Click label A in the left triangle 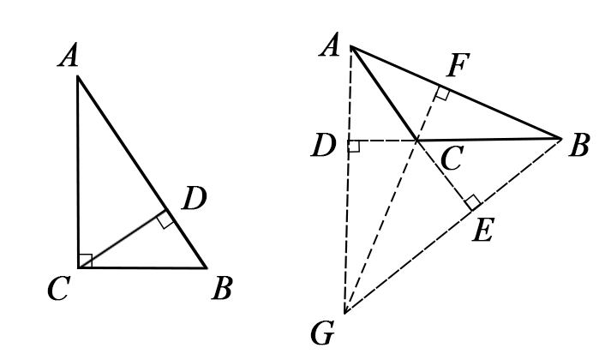(69, 57)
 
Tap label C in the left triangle (57, 290)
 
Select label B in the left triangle (221, 290)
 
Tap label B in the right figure (579, 146)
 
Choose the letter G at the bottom (323, 333)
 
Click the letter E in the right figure (483, 230)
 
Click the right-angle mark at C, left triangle (85, 261)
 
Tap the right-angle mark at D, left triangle (165, 220)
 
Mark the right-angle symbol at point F (440, 93)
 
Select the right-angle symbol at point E (470, 203)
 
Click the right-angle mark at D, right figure (352, 147)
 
